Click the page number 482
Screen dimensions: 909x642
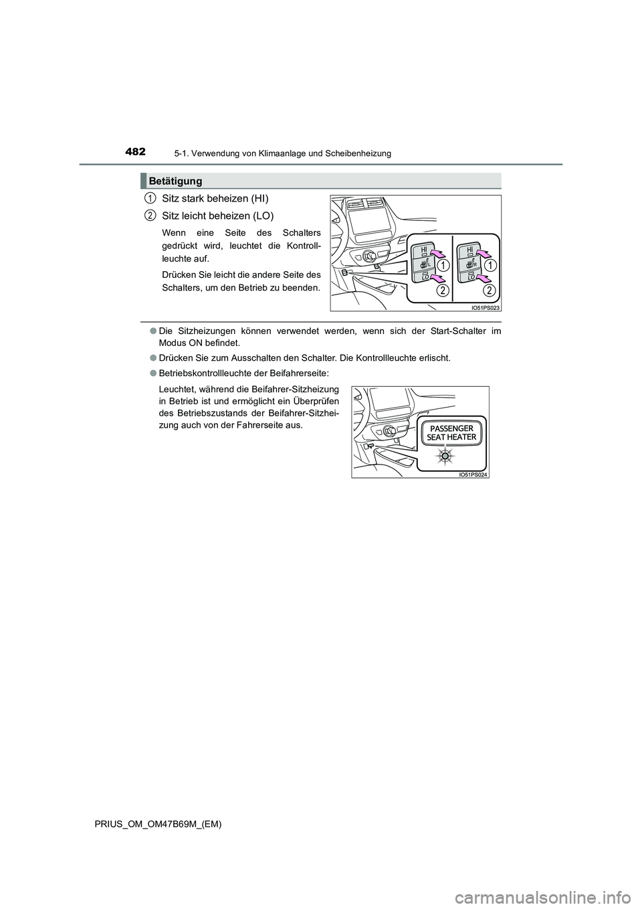click(x=135, y=152)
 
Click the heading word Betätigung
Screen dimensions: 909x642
click(x=176, y=181)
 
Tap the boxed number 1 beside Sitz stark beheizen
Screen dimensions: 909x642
click(x=150, y=197)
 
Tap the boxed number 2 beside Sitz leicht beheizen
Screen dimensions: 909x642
click(x=150, y=215)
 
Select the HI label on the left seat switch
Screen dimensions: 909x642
click(x=424, y=249)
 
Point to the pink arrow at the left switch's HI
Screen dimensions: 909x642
click(x=437, y=252)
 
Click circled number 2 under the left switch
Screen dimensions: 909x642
click(x=443, y=290)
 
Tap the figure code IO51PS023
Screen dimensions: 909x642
click(x=486, y=307)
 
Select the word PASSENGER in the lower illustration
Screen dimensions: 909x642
click(x=451, y=428)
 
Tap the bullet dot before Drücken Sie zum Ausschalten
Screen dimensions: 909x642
click(x=144, y=357)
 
